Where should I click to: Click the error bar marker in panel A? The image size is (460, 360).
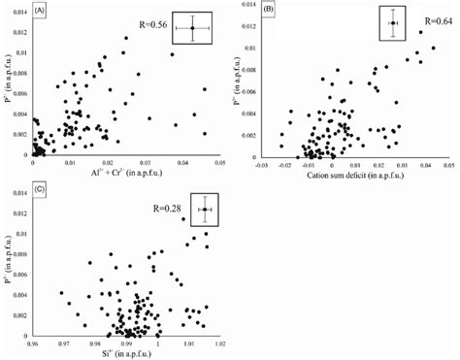[192, 29]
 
